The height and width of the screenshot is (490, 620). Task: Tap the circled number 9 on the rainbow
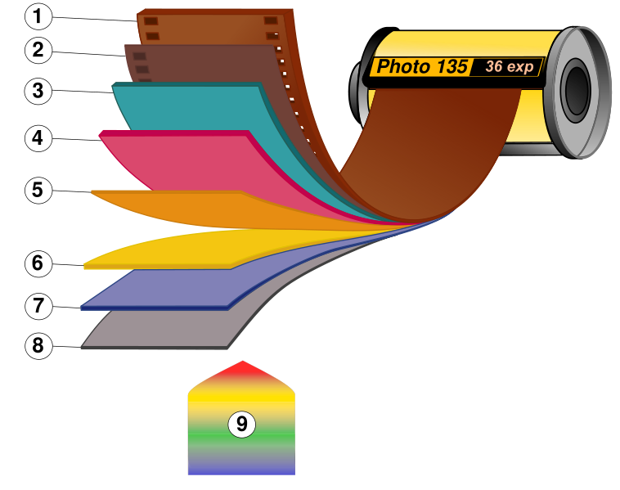coord(241,425)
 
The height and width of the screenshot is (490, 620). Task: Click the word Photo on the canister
coord(403,67)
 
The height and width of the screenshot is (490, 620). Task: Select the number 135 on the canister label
coord(452,67)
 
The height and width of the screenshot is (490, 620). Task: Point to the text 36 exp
coord(509,66)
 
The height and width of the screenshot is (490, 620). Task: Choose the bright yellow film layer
coord(180,249)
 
